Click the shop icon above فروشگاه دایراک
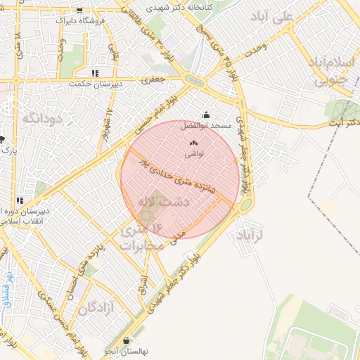(x=79, y=11)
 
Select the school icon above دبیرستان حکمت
(x=95, y=73)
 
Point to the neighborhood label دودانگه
(x=43, y=117)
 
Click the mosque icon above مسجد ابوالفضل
(x=206, y=115)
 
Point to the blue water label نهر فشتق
(x=8, y=290)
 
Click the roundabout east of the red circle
(x=246, y=205)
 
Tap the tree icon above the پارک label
(x=3, y=139)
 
